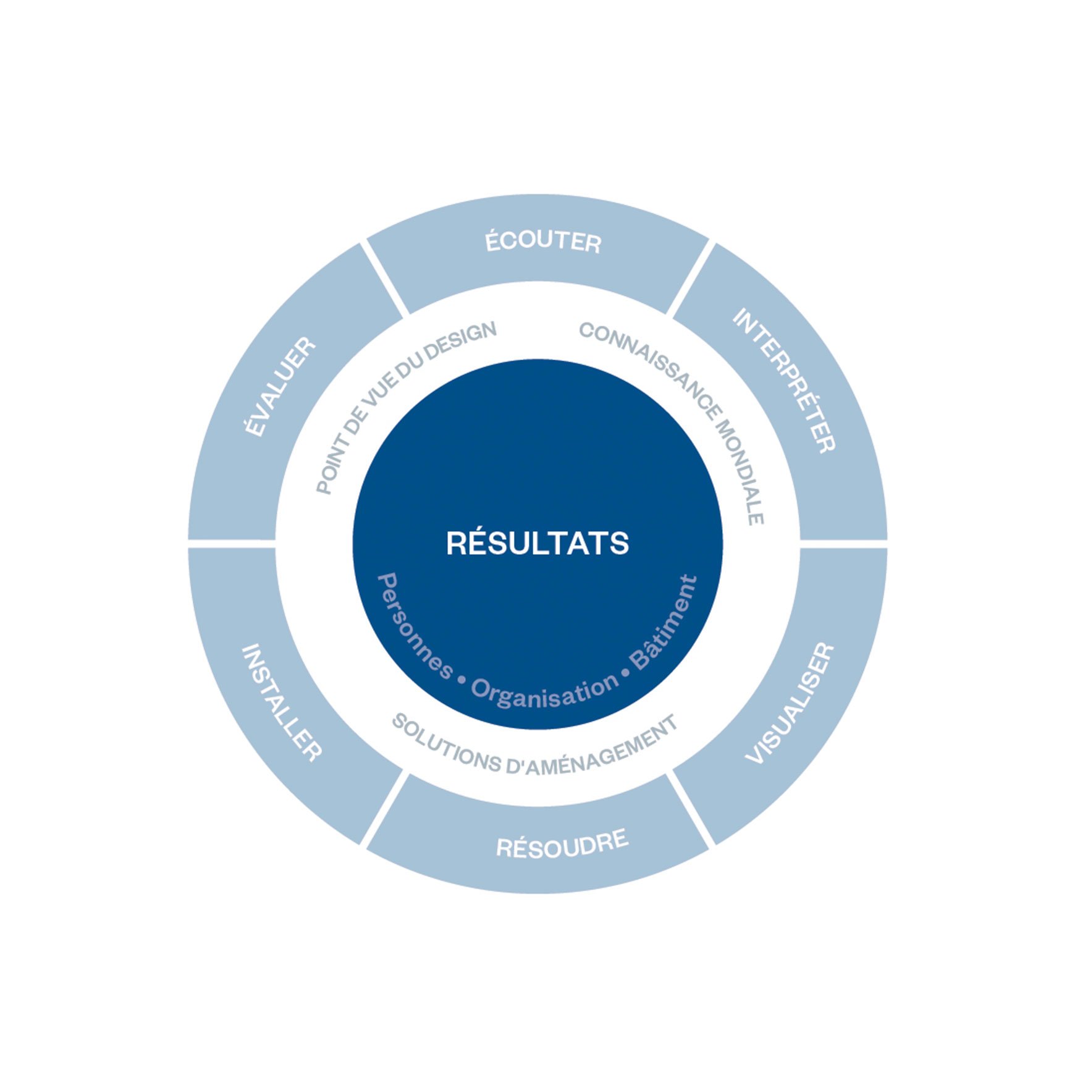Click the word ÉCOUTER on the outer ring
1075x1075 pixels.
click(x=543, y=241)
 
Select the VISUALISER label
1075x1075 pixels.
click(x=790, y=703)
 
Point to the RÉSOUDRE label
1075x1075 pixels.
click(x=562, y=843)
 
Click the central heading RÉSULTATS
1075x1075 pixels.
click(x=537, y=543)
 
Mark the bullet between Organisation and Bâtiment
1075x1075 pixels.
click(x=625, y=673)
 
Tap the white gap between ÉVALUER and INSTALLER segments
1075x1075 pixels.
click(x=232, y=544)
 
